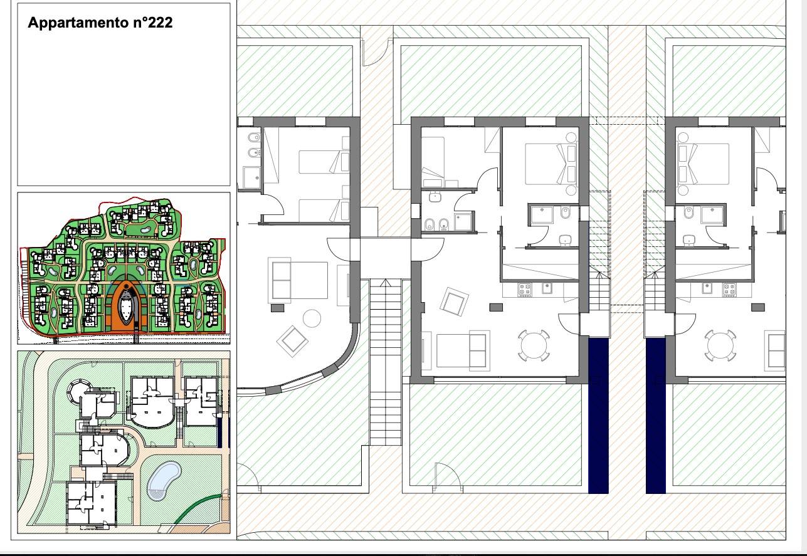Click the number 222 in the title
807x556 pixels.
pyautogui.click(x=160, y=23)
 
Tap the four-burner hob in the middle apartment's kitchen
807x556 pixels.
pyautogui.click(x=525, y=289)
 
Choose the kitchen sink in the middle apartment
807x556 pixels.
pyautogui.click(x=547, y=288)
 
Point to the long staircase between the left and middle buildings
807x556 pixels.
pyautogui.click(x=386, y=362)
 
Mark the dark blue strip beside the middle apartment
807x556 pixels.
pyautogui.click(x=598, y=415)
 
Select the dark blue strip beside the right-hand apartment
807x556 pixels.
pyautogui.click(x=656, y=415)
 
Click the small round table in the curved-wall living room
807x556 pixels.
pyautogui.click(x=312, y=318)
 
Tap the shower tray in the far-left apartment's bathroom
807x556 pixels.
pyautogui.click(x=252, y=177)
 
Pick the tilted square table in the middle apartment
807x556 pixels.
pyautogui.click(x=455, y=302)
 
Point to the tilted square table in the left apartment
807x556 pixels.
pyautogui.click(x=292, y=341)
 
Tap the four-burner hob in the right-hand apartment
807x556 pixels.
pyautogui.click(x=729, y=290)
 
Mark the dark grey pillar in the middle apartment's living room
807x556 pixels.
pyautogui.click(x=496, y=307)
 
